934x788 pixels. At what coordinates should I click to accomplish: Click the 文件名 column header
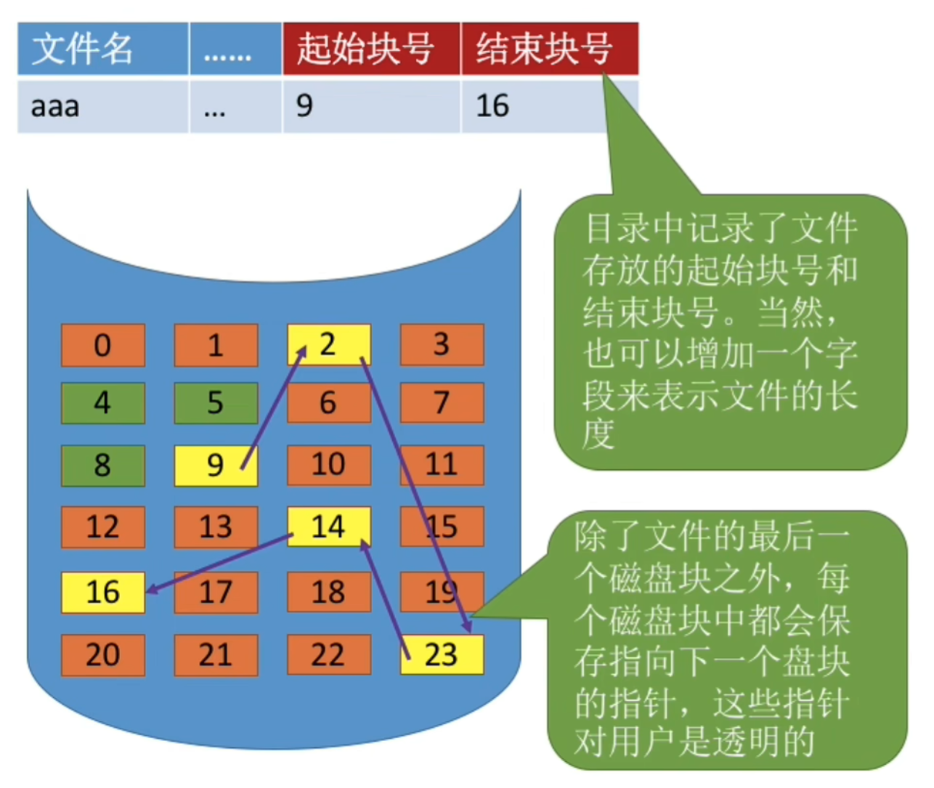click(x=102, y=49)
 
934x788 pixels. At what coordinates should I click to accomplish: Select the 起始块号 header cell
click(x=371, y=49)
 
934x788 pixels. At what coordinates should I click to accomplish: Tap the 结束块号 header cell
click(x=549, y=49)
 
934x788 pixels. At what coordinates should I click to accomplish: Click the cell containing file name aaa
click(x=102, y=106)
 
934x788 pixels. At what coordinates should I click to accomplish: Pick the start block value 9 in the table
click(x=371, y=106)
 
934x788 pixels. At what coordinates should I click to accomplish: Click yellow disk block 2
click(x=329, y=344)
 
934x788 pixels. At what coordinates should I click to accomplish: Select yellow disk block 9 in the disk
click(x=215, y=466)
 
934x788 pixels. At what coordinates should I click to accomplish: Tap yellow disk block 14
click(x=329, y=527)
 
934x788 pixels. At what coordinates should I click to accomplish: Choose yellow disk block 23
click(x=442, y=655)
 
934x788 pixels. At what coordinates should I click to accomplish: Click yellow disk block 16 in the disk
click(x=102, y=592)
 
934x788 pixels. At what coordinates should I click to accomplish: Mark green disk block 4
click(x=102, y=403)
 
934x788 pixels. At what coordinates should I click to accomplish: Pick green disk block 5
click(x=215, y=403)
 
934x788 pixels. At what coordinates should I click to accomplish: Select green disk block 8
click(x=102, y=466)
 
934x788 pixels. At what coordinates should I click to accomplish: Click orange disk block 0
click(x=102, y=345)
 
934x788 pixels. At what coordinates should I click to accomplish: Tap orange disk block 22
click(x=329, y=655)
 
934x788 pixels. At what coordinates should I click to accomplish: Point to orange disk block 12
click(x=102, y=527)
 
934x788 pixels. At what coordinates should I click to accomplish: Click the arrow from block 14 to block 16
click(x=218, y=564)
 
